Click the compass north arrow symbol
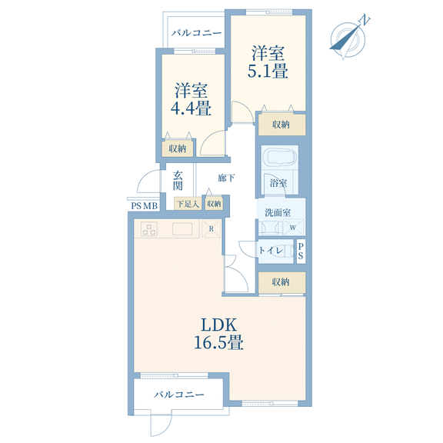pos(348,38)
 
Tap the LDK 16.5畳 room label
pos(218,333)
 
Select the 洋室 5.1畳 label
pos(268,62)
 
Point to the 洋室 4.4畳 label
pos(191,99)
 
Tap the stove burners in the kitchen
pos(149,228)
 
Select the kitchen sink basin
pos(182,228)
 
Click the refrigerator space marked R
pos(212,228)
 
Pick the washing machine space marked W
pos(293,228)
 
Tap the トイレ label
pos(271,250)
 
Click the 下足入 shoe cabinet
pos(188,203)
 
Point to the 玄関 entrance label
pos(178,181)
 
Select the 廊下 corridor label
pos(227,178)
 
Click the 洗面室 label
pos(278,212)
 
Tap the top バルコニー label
pos(197,33)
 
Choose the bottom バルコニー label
pos(179,395)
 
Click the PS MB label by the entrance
pos(144,206)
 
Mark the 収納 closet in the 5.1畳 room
pos(281,125)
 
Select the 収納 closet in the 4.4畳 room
pos(178,148)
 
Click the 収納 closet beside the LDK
pos(281,282)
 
